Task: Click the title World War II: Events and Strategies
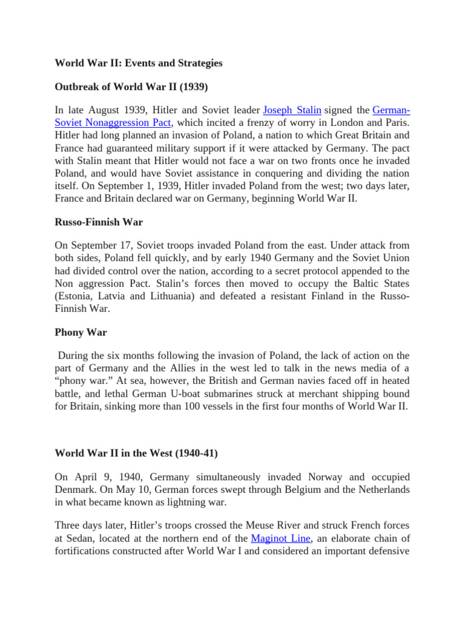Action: pyautogui.click(x=139, y=63)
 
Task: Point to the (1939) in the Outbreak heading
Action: pyautogui.click(x=192, y=87)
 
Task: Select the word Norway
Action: pyautogui.click(x=317, y=477)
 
